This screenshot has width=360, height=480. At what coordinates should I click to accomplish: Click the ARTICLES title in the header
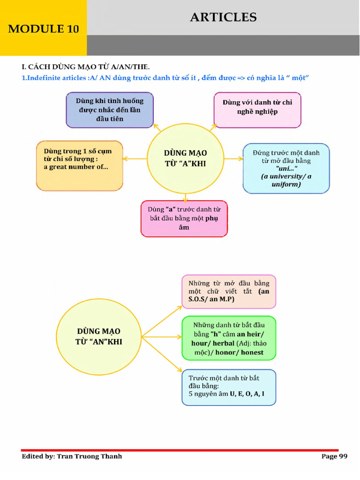(x=223, y=18)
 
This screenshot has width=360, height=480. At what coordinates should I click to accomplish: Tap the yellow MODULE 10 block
(x=43, y=28)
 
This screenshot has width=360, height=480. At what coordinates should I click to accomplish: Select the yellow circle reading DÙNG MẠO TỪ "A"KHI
(x=185, y=159)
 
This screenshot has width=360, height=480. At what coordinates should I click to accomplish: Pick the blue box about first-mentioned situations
(x=110, y=110)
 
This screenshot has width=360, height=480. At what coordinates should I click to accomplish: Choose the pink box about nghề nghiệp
(x=257, y=110)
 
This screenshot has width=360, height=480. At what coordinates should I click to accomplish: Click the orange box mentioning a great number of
(x=79, y=165)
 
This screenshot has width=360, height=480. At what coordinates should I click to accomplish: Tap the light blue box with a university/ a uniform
(x=286, y=168)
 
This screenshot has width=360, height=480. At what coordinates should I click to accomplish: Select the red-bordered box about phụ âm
(x=184, y=218)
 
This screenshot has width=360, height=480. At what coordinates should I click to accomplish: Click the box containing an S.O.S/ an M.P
(x=229, y=292)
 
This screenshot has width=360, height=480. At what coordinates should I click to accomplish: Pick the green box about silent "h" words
(x=229, y=338)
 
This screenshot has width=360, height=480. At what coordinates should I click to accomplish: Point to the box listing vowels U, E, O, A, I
(x=229, y=387)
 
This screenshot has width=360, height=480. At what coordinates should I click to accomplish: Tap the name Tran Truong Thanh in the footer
(x=89, y=456)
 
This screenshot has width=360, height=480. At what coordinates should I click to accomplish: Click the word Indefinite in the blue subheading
(x=45, y=78)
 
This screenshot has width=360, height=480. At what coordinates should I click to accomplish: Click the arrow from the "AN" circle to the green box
(x=162, y=337)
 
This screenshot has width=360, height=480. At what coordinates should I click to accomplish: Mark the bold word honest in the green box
(x=252, y=352)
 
